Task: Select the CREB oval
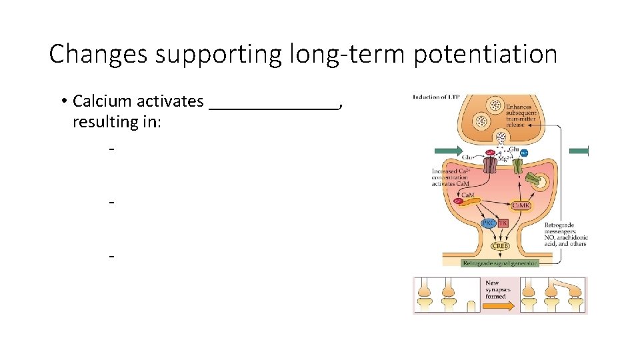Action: (x=499, y=246)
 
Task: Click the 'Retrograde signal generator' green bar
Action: (x=499, y=263)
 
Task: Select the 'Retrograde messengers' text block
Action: (x=565, y=235)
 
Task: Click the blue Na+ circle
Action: (x=524, y=154)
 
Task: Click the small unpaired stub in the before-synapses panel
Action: (x=471, y=307)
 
